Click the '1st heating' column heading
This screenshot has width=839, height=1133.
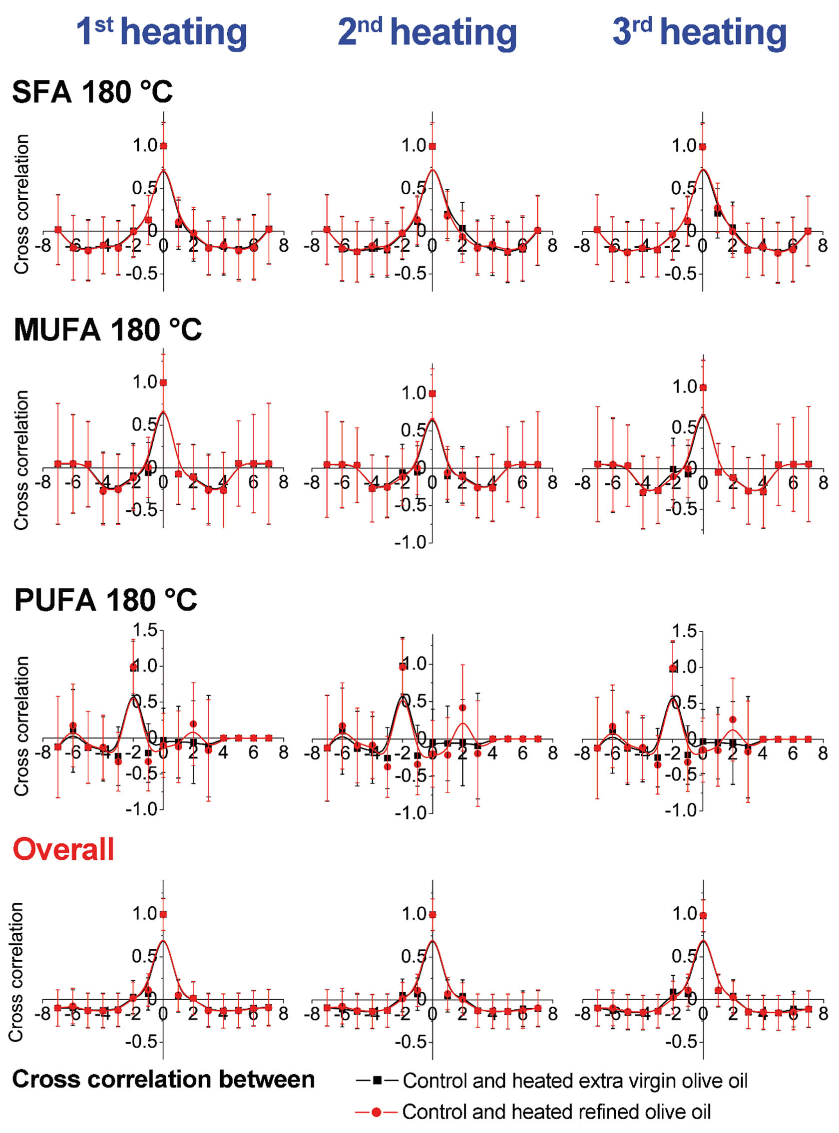161,32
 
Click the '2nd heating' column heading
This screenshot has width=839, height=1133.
427,32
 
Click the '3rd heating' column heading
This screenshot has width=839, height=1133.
699,32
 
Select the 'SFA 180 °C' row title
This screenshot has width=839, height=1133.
92,92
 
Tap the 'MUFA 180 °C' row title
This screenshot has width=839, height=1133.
108,330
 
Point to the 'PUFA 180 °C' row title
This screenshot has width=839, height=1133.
106,600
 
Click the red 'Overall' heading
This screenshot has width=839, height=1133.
63,849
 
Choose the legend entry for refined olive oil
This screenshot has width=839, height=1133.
533,1112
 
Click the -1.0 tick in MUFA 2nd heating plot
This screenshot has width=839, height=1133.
412,542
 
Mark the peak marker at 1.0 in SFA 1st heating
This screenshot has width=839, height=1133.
163,146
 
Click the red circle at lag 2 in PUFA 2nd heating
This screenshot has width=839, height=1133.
462,708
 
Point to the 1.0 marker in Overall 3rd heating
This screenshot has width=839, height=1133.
703,916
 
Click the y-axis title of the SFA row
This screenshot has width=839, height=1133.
21,204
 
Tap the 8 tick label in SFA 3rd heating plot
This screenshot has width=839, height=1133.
823,246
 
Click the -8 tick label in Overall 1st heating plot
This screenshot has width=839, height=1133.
45,1014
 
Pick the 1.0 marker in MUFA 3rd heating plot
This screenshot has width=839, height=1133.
703,387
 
